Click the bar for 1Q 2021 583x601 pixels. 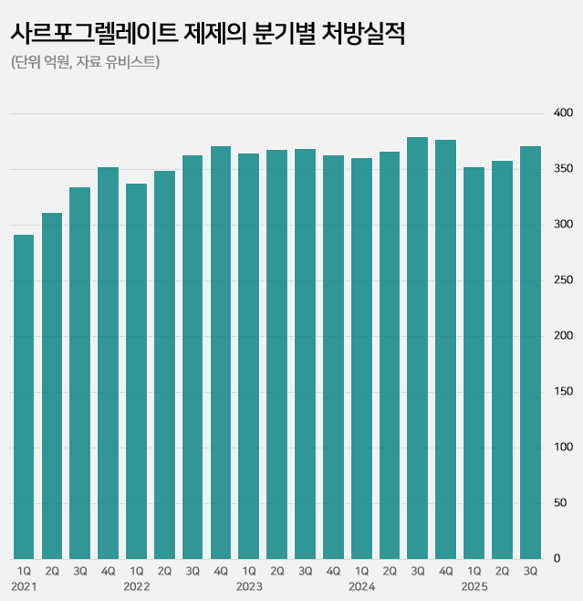(x=24, y=396)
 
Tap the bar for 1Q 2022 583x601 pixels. (x=136, y=371)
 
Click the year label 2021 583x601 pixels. (x=24, y=585)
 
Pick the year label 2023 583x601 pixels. (x=249, y=585)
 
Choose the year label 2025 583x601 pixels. (x=474, y=585)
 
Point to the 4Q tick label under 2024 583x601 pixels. (x=446, y=571)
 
